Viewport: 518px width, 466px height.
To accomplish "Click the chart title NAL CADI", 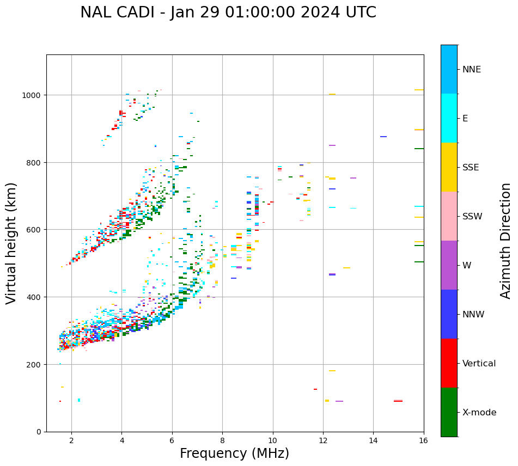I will click(x=228, y=13).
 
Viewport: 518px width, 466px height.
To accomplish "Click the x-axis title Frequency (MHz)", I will click(x=234, y=453).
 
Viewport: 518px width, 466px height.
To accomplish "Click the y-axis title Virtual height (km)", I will click(x=11, y=243).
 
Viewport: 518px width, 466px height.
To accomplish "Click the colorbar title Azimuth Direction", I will click(x=506, y=241).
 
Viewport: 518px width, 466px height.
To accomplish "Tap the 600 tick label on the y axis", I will click(x=35, y=230).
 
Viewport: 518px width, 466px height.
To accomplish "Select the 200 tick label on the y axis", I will click(x=35, y=364).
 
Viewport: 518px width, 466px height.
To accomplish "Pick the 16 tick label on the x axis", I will click(x=423, y=440).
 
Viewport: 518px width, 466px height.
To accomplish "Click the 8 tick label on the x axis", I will click(x=222, y=440).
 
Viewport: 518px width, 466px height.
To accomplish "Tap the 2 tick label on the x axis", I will click(x=71, y=440).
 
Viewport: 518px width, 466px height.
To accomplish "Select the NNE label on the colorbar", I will click(x=472, y=70).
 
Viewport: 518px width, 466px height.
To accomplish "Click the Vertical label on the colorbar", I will click(x=479, y=364).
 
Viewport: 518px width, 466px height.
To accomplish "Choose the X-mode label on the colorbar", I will click(x=479, y=413).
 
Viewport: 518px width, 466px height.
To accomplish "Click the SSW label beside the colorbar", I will click(x=472, y=217).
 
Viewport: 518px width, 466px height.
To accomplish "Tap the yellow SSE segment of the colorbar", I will click(x=449, y=167).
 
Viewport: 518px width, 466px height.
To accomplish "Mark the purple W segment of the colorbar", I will click(x=449, y=265).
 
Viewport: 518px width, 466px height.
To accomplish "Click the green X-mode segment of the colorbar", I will click(x=449, y=412).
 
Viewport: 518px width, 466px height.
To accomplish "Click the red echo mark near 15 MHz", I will click(x=398, y=401).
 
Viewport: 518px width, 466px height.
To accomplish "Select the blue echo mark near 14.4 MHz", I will click(x=383, y=137).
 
